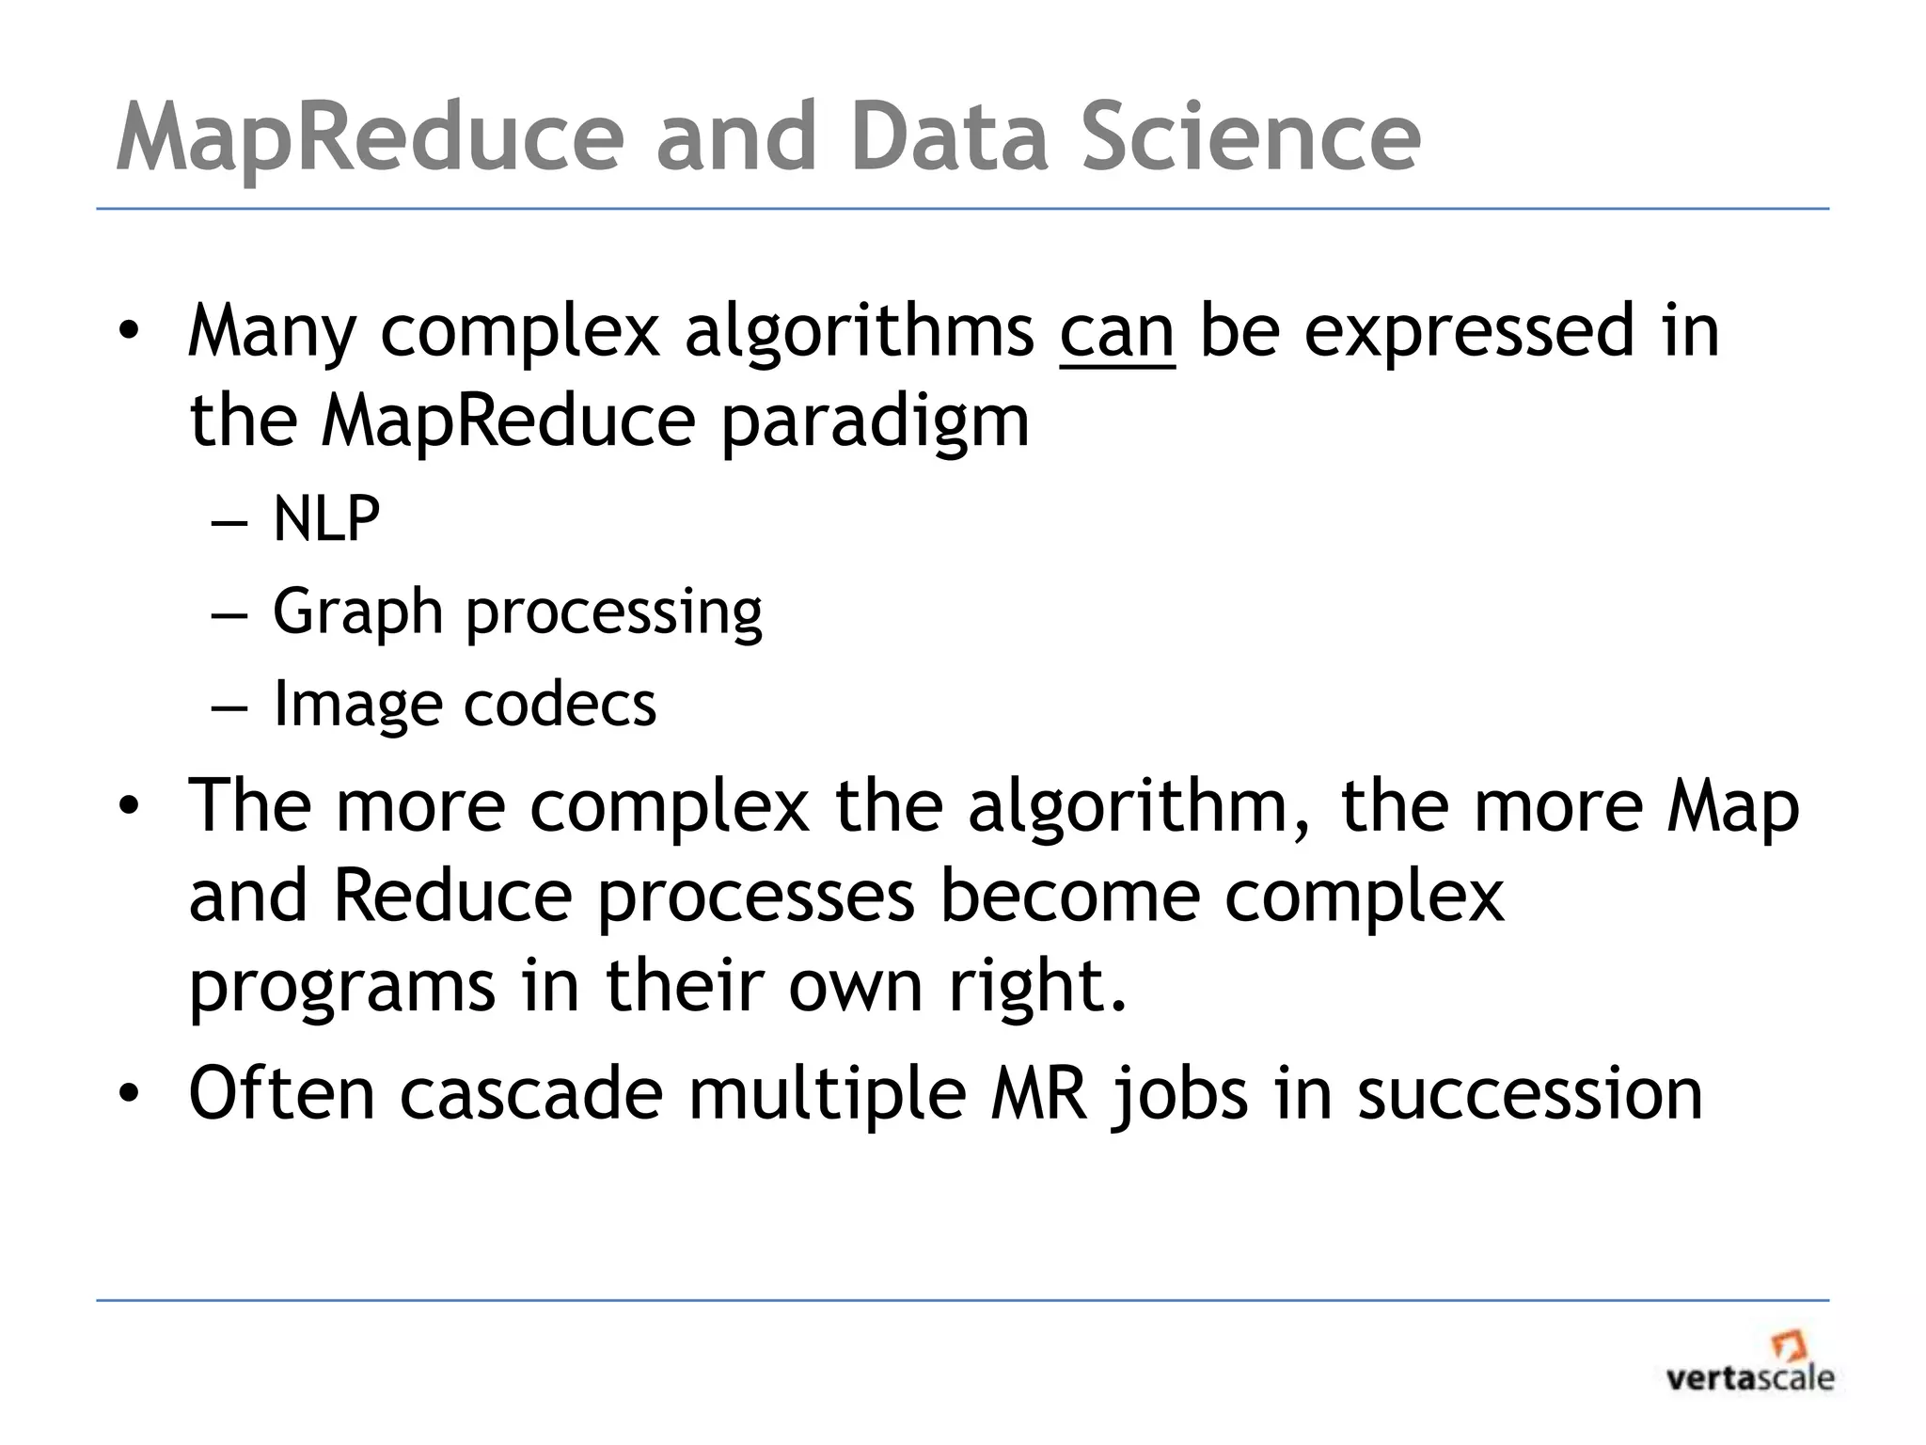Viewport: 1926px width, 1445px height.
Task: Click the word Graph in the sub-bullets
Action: click(357, 612)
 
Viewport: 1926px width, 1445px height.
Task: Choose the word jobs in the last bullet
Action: click(1180, 1096)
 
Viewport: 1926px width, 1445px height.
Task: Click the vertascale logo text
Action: click(1749, 1379)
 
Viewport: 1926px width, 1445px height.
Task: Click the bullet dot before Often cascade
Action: click(129, 1093)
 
